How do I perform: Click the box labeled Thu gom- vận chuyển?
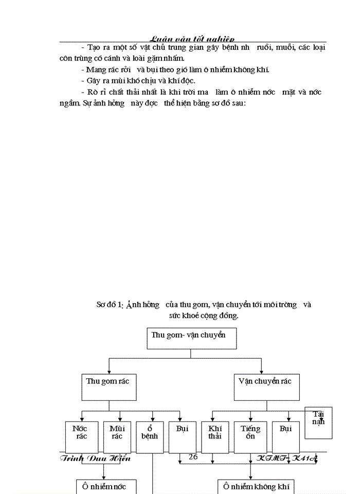coord(190,339)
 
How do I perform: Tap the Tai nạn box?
coord(318,422)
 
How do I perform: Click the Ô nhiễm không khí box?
coord(256,486)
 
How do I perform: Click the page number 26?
coord(193,456)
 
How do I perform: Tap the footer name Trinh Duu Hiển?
coord(95,458)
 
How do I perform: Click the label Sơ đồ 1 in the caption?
coord(110,305)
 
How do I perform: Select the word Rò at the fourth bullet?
coord(93,92)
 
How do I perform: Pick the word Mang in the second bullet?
coord(96,69)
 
